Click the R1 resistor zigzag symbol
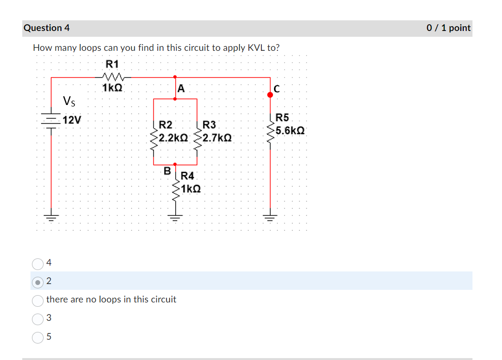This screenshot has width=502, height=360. point(114,76)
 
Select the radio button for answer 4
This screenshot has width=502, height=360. point(38,263)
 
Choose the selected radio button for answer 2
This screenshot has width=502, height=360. point(38,281)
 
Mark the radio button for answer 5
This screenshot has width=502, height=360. point(38,337)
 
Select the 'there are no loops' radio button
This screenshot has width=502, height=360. point(38,300)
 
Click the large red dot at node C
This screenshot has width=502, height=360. point(270,95)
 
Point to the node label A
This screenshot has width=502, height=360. point(181,88)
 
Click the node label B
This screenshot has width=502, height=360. point(167,171)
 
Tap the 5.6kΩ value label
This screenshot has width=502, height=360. point(289,131)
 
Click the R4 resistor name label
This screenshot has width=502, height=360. point(187,176)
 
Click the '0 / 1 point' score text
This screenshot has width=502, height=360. point(448,28)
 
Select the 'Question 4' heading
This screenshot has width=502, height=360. point(46,28)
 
